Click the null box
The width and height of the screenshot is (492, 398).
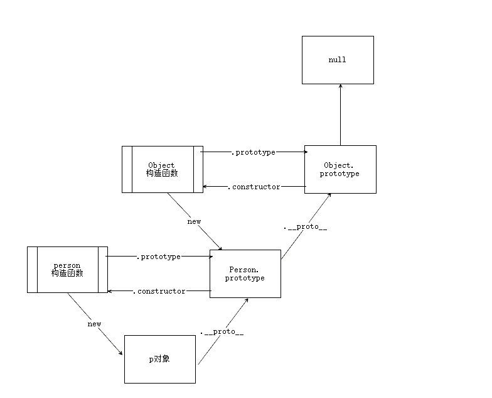click(x=338, y=60)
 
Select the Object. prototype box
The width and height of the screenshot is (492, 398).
click(x=340, y=169)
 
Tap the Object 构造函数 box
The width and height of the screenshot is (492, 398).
click(x=162, y=169)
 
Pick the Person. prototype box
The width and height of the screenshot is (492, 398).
click(x=245, y=274)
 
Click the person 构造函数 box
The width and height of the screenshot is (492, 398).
click(x=67, y=270)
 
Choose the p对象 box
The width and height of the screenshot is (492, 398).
click(x=159, y=359)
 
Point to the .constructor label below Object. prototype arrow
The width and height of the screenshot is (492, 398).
click(x=254, y=187)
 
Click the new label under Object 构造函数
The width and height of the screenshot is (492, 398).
click(x=194, y=221)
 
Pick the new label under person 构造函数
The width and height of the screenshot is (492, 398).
click(x=94, y=324)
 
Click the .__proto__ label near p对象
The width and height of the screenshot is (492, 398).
click(x=221, y=331)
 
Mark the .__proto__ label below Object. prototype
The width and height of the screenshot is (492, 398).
click(x=306, y=227)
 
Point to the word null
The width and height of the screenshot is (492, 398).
click(x=337, y=60)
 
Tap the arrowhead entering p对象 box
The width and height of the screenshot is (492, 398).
click(x=120, y=354)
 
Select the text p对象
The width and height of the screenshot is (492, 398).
click(x=159, y=359)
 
